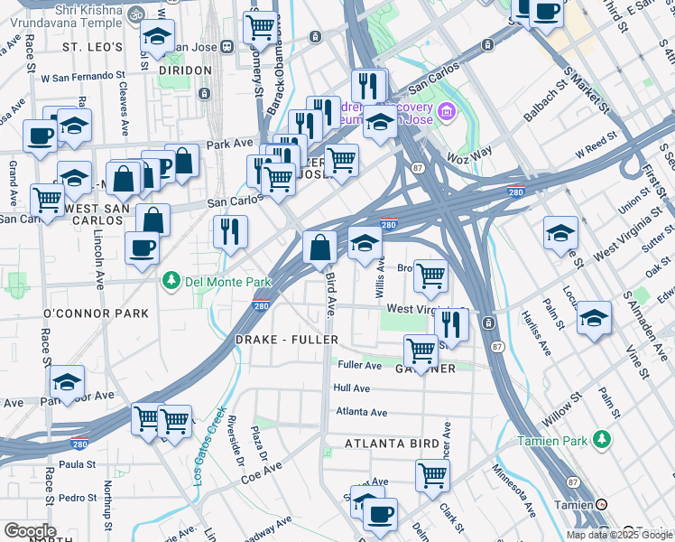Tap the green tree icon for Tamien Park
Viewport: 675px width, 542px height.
tap(603, 440)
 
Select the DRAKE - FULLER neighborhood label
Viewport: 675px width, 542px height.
tap(286, 340)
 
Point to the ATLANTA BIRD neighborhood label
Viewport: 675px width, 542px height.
tap(391, 444)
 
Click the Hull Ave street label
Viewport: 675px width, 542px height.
tap(352, 388)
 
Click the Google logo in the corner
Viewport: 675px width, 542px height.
tap(30, 531)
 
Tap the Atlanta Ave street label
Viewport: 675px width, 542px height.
tap(361, 412)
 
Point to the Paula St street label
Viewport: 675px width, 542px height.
tap(77, 464)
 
